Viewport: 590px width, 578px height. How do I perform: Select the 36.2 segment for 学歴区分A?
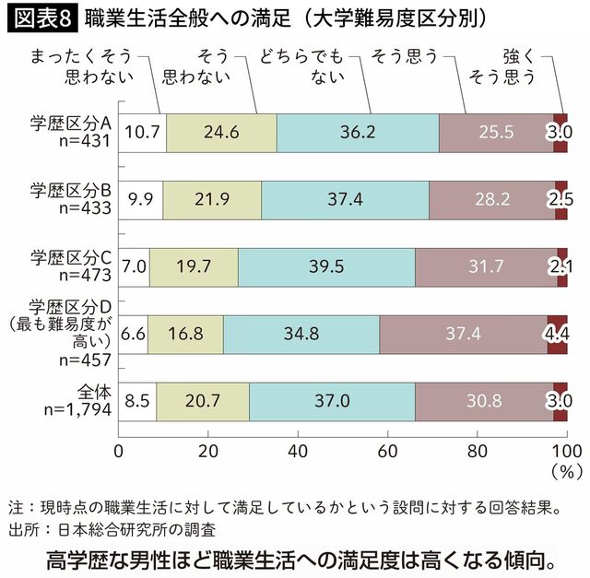[x=358, y=133]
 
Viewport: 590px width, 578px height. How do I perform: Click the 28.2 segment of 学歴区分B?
[x=491, y=199]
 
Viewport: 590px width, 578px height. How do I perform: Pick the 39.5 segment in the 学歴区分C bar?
[x=325, y=267]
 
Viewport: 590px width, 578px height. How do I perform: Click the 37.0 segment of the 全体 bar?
[x=332, y=401]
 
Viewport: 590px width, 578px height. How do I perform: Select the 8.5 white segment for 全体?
[x=138, y=401]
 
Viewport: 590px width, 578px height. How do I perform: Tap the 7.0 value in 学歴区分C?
[x=135, y=267]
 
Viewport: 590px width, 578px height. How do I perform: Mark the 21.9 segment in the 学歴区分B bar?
[x=212, y=199]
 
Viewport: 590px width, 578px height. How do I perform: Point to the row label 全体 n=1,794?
[x=78, y=401]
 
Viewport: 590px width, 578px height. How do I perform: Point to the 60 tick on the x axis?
[x=387, y=451]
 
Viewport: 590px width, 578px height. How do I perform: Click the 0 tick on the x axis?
[x=118, y=451]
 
